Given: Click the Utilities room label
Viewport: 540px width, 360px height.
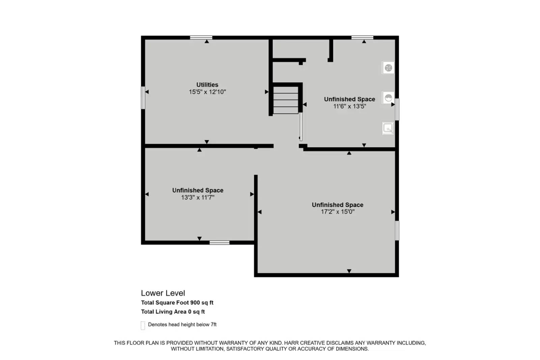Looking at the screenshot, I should click(x=207, y=85).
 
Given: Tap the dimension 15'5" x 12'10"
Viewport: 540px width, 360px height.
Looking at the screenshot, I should click(x=207, y=92).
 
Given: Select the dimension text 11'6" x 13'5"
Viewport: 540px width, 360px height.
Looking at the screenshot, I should click(x=349, y=106).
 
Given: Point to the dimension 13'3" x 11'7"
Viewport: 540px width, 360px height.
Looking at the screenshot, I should click(x=197, y=197).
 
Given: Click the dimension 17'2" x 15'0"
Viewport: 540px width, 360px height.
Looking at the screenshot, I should click(x=337, y=212).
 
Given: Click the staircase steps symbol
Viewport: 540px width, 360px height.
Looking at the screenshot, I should click(x=286, y=100).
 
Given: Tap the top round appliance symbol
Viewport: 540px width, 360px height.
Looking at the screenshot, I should click(x=388, y=68).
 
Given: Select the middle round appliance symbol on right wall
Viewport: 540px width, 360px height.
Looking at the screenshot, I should click(x=388, y=98).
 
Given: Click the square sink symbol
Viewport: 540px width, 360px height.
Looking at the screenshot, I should click(x=388, y=128).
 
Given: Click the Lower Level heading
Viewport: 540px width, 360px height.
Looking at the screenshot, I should click(x=163, y=293).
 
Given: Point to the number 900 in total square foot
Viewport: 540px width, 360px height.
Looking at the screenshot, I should click(x=195, y=303).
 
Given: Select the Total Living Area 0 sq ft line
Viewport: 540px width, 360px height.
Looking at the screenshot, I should click(x=173, y=312).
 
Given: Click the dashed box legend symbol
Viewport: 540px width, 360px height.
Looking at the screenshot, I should click(x=143, y=325).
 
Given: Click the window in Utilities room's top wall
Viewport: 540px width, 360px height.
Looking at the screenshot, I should click(x=201, y=37).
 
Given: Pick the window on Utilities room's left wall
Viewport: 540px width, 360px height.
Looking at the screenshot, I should click(x=143, y=98).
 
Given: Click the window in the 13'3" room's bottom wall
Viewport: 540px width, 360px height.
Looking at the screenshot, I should click(x=219, y=242).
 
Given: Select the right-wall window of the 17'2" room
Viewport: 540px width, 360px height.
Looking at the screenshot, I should click(x=397, y=230).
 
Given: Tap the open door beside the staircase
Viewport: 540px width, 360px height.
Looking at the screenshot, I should click(x=301, y=127).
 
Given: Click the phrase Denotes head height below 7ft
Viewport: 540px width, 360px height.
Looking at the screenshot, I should click(x=182, y=325).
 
